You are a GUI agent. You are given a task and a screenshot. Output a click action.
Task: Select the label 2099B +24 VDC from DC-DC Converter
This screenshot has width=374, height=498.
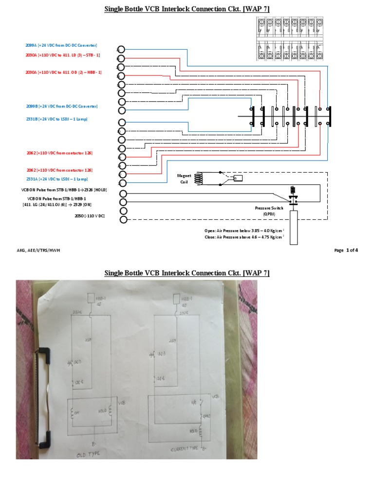click(61, 106)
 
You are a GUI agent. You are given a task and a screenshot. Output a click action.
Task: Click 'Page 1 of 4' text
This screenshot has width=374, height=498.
click(346, 250)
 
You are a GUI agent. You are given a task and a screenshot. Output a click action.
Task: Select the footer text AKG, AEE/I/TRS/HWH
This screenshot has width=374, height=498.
click(38, 250)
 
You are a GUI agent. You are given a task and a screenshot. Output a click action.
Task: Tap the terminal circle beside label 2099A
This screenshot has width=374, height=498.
click(121, 50)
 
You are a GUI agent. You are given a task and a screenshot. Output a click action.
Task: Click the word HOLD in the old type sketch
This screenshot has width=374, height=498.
click(102, 410)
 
